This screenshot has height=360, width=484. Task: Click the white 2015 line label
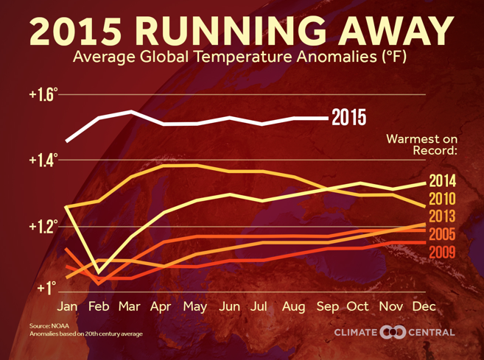[348, 117]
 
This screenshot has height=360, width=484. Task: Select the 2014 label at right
[442, 181]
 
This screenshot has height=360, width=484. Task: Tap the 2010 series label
[442, 199]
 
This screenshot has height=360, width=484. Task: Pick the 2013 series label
[442, 216]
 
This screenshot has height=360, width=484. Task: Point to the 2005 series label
[442, 234]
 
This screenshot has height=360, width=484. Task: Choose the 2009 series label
[442, 253]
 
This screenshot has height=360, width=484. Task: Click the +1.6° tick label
[43, 94]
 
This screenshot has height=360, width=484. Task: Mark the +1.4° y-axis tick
[43, 160]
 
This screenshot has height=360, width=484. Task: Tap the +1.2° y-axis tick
[43, 227]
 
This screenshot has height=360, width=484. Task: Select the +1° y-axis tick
[47, 288]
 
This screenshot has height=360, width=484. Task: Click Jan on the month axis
[67, 306]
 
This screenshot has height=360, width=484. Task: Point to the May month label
[195, 307]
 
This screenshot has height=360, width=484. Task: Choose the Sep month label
[328, 307]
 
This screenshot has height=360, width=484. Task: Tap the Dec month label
[424, 306]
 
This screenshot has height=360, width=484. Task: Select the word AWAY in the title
[396, 31]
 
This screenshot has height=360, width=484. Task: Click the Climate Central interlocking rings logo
[393, 332]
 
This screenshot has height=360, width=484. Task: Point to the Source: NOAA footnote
[49, 325]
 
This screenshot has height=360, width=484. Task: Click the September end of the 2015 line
[328, 118]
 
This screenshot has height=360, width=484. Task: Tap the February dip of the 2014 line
[99, 272]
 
